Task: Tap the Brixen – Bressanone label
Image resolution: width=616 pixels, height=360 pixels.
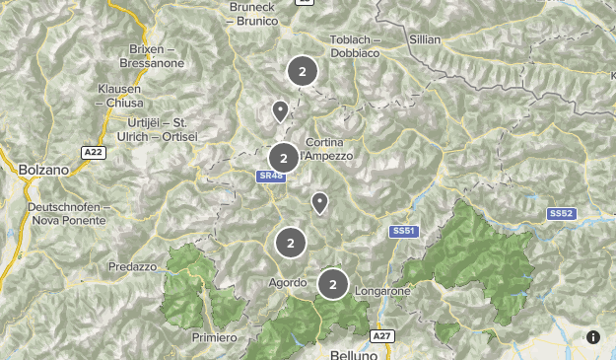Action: [x=152, y=55]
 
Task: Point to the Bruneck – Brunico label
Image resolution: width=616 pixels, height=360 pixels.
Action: [x=257, y=12]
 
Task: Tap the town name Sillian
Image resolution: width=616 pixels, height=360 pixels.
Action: [x=424, y=39]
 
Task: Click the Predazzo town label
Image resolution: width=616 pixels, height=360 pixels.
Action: [x=133, y=266]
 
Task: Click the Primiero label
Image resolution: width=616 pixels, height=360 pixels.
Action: [x=215, y=337]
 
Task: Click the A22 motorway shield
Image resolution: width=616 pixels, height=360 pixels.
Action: [x=94, y=152]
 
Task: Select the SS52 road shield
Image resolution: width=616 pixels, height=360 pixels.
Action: [x=561, y=213]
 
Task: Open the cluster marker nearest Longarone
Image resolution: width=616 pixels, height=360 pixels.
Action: [x=333, y=285]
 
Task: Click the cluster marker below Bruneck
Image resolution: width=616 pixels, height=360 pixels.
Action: [x=303, y=71]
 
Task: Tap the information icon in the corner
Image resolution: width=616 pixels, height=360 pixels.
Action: [x=593, y=337]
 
